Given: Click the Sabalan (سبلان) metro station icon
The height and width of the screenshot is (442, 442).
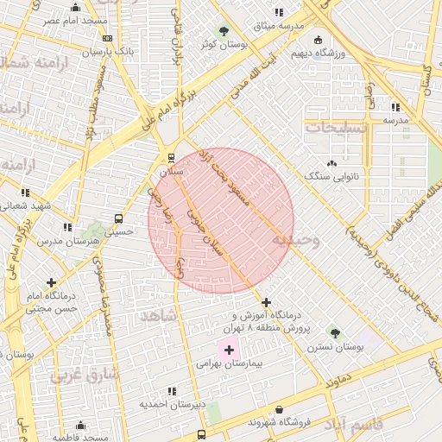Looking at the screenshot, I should click(x=171, y=158).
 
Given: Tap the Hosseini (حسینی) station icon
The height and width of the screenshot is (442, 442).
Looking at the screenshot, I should click(x=118, y=218).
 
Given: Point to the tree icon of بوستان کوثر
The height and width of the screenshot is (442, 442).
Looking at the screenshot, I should click(x=225, y=30).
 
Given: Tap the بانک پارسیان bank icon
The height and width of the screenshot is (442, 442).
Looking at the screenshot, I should click(x=107, y=39).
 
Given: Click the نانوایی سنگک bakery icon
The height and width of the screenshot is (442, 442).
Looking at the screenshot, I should click(x=332, y=163).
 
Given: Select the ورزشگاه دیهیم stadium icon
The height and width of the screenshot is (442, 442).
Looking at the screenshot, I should click(x=319, y=40).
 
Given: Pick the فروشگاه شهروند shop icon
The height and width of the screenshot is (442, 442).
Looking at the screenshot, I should click(x=279, y=410).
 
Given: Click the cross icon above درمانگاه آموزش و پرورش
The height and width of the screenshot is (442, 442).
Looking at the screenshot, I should click(x=266, y=302).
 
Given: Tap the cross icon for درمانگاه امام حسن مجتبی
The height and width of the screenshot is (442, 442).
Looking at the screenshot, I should click(x=52, y=282).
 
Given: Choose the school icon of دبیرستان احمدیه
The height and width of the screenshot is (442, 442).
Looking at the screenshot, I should click(x=172, y=392).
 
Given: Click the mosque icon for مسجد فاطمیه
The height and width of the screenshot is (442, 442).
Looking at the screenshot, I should click(x=80, y=425).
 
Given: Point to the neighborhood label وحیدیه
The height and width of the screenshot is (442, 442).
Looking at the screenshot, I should click(x=296, y=239).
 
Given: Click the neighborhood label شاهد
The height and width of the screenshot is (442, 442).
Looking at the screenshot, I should click(x=158, y=316).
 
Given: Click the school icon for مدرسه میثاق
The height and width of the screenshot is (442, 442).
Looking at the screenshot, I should click(x=278, y=12).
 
